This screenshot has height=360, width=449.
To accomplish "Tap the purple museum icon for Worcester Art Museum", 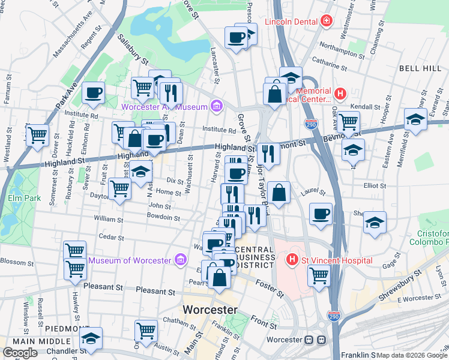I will click(216, 107).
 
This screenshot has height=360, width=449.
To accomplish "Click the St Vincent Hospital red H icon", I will click(292, 260).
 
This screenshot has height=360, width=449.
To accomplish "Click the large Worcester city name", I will click(209, 310).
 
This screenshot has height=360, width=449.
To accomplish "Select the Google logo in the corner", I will click(20, 352).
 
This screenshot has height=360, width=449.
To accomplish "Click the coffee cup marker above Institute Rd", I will click(93, 93).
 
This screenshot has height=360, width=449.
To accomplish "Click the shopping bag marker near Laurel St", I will click(279, 193).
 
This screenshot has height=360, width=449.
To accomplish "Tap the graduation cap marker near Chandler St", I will click(91, 338).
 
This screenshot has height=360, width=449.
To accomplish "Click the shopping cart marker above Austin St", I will click(146, 330).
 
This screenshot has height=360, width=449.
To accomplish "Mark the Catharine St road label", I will click(332, 61).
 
